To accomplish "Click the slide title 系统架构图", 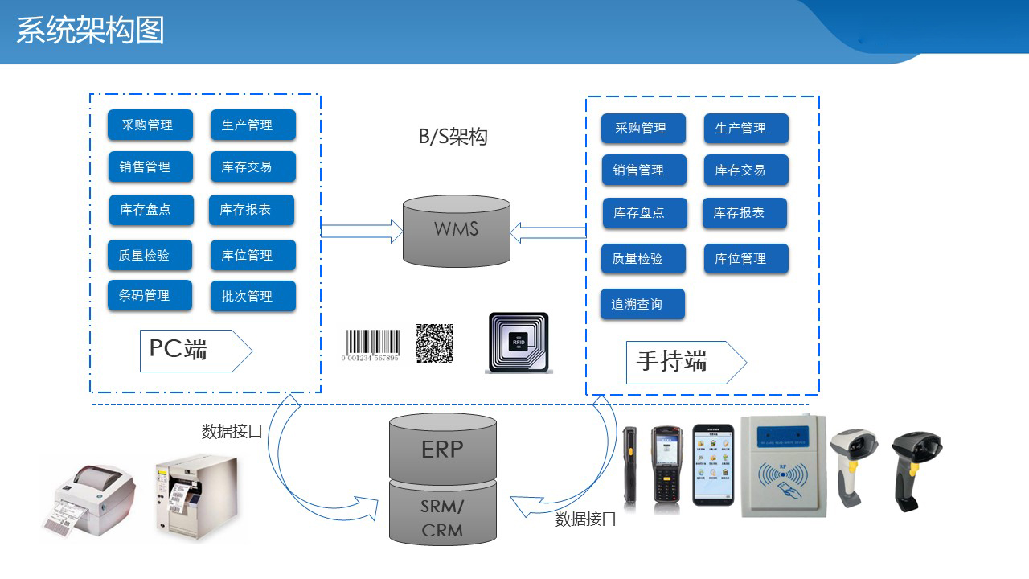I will click(x=90, y=31).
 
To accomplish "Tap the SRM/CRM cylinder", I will click(x=442, y=519).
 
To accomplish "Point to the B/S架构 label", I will click(x=453, y=137).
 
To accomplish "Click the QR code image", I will click(x=435, y=343).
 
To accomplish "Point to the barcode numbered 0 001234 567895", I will click(x=371, y=346).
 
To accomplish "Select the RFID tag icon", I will click(x=519, y=343).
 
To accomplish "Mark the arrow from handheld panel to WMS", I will click(x=548, y=232).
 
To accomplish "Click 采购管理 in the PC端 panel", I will click(x=150, y=125).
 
